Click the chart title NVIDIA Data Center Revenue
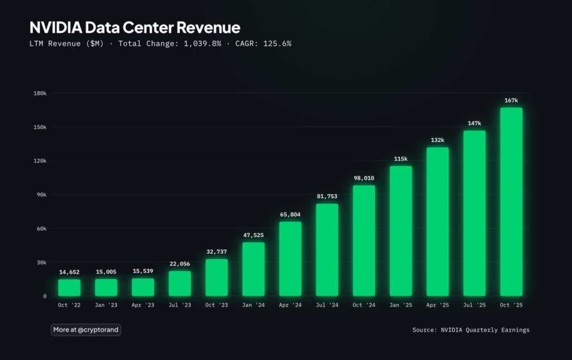coord(135,27)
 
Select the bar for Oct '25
coord(511,201)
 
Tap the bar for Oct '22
coord(69,287)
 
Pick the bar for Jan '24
coord(254,269)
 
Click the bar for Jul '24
coord(327,249)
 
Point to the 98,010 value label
coord(364,178)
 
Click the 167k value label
coord(511,100)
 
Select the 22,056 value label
coord(180,264)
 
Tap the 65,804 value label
coord(290,214)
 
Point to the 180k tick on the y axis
coord(40,93)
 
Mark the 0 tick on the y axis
coord(45,296)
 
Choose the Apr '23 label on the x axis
coord(143,305)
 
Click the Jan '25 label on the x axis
coord(401,305)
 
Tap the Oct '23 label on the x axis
coord(217,305)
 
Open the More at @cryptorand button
coord(85,330)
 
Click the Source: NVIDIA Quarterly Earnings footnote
coord(471,330)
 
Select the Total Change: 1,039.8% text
coord(185,44)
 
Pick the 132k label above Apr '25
coord(437,140)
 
